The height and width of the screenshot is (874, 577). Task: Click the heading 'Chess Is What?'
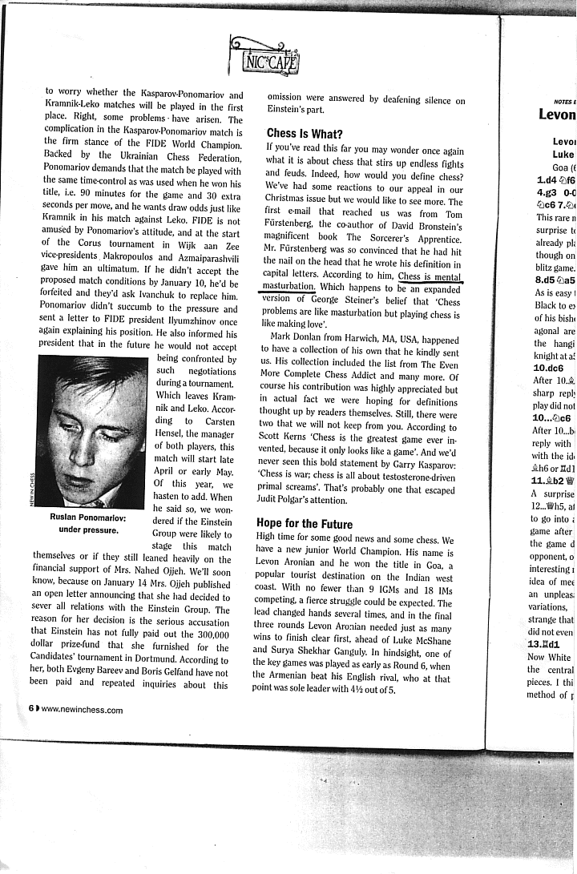coord(305,134)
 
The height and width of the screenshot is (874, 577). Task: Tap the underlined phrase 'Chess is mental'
coord(430,276)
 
